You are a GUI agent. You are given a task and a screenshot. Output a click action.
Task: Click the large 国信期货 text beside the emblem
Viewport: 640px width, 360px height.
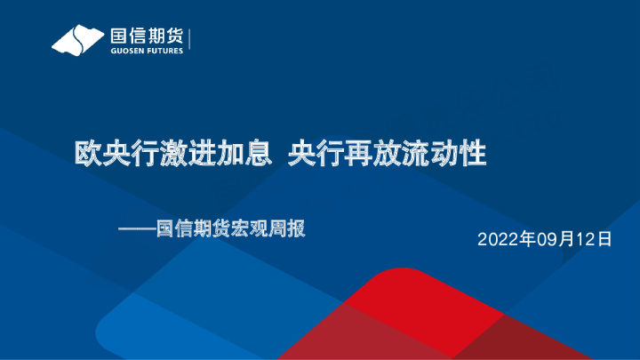[146, 36]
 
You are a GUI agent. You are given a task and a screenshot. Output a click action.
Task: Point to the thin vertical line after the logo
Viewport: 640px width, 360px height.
[190, 41]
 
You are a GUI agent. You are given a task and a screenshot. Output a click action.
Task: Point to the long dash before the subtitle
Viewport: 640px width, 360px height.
[137, 229]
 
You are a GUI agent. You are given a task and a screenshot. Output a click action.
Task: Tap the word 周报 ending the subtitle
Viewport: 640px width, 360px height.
[286, 229]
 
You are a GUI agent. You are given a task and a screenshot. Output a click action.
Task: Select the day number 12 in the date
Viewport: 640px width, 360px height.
[585, 240]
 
